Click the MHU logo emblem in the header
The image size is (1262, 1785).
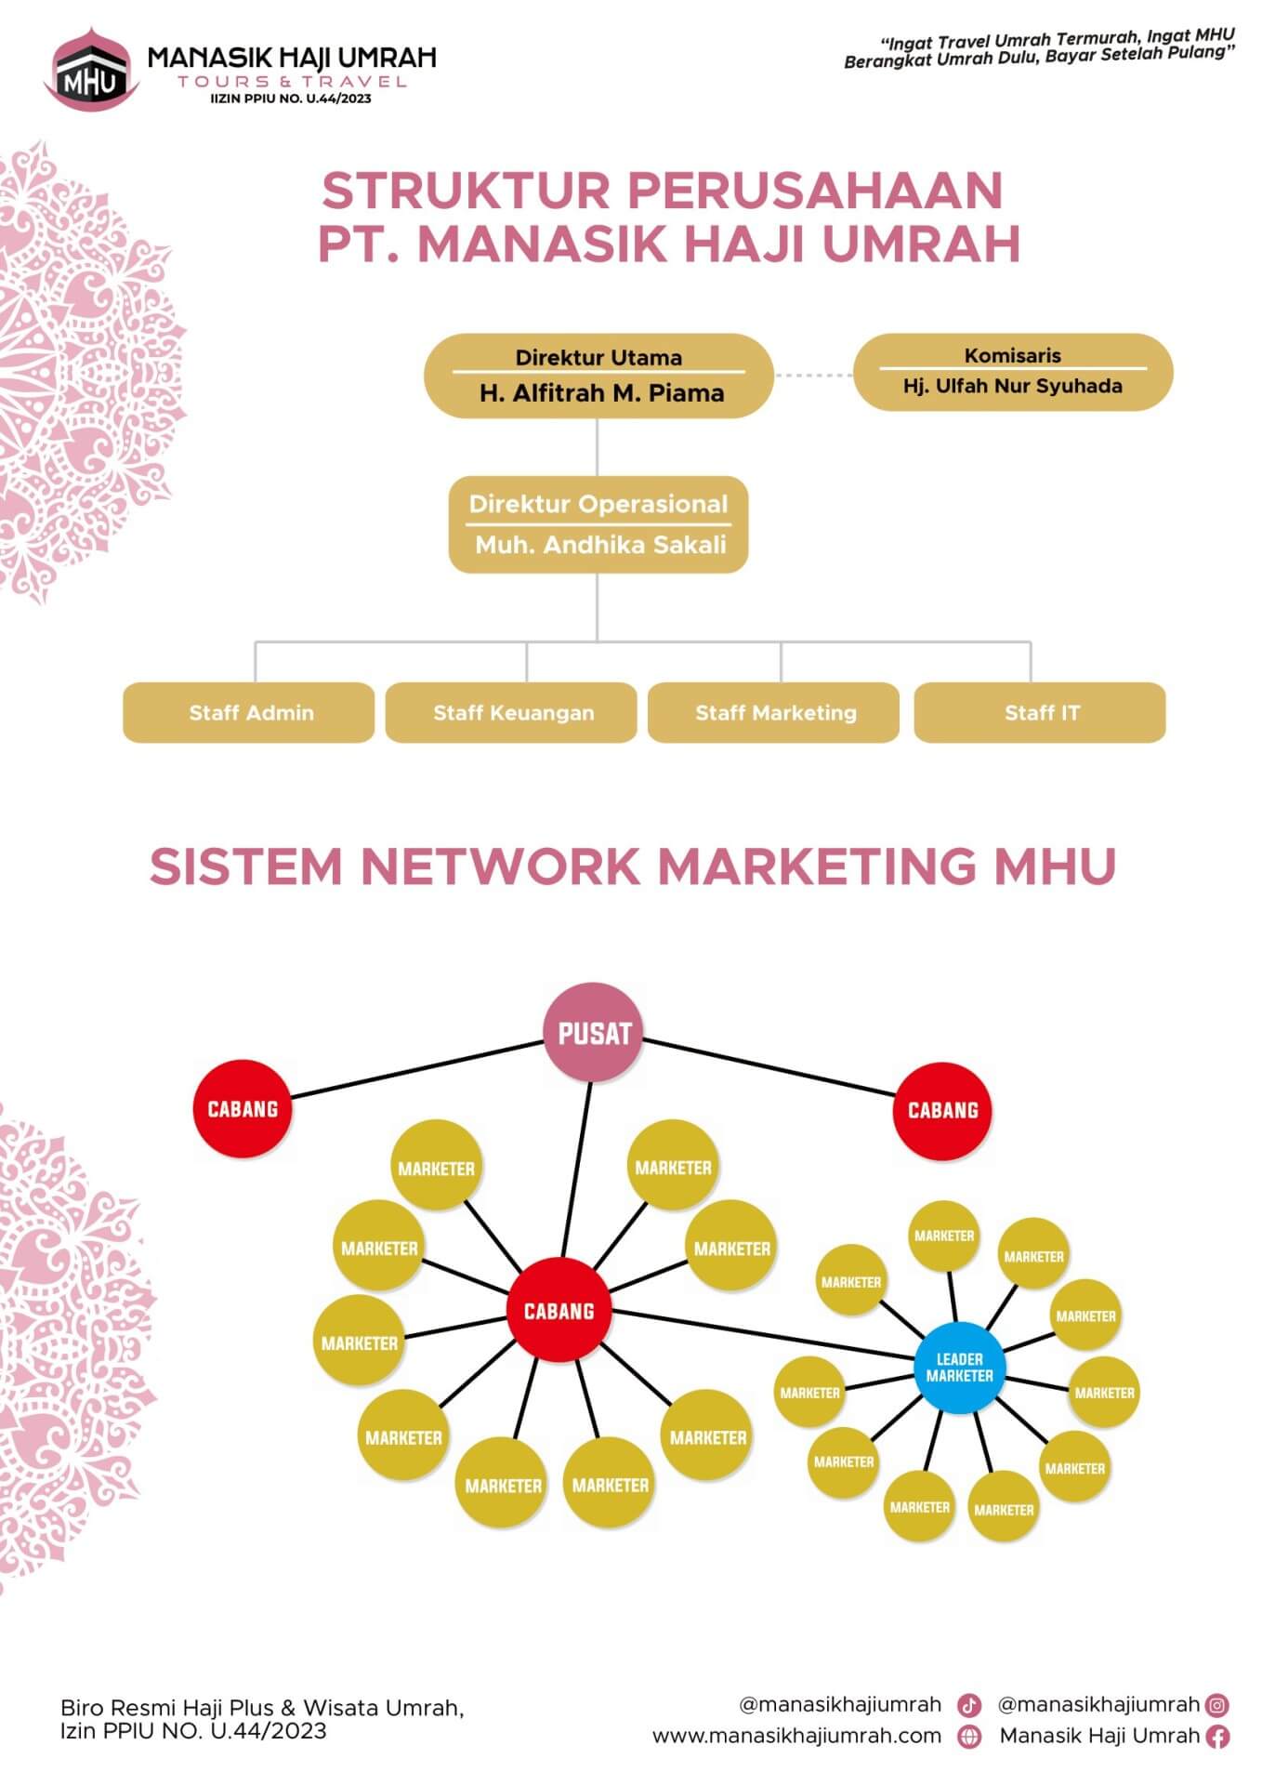[91, 69]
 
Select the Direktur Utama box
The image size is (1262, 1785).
[598, 376]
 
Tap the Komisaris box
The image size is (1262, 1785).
[1012, 372]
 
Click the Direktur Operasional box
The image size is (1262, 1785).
[598, 524]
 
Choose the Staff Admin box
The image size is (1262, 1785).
[249, 713]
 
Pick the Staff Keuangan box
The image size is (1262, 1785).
[512, 713]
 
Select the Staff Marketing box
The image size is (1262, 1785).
[774, 713]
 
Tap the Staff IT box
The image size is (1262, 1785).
[1040, 713]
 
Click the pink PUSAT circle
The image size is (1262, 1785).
[594, 1033]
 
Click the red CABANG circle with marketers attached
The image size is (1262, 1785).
[559, 1311]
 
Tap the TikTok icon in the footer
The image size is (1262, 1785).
[969, 1705]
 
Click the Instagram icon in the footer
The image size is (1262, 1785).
[1217, 1705]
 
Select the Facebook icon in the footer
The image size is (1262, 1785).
[1217, 1736]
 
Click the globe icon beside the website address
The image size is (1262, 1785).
[969, 1737]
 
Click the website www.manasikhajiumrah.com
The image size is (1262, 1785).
[796, 1736]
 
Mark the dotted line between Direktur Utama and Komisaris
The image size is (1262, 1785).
[813, 376]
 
